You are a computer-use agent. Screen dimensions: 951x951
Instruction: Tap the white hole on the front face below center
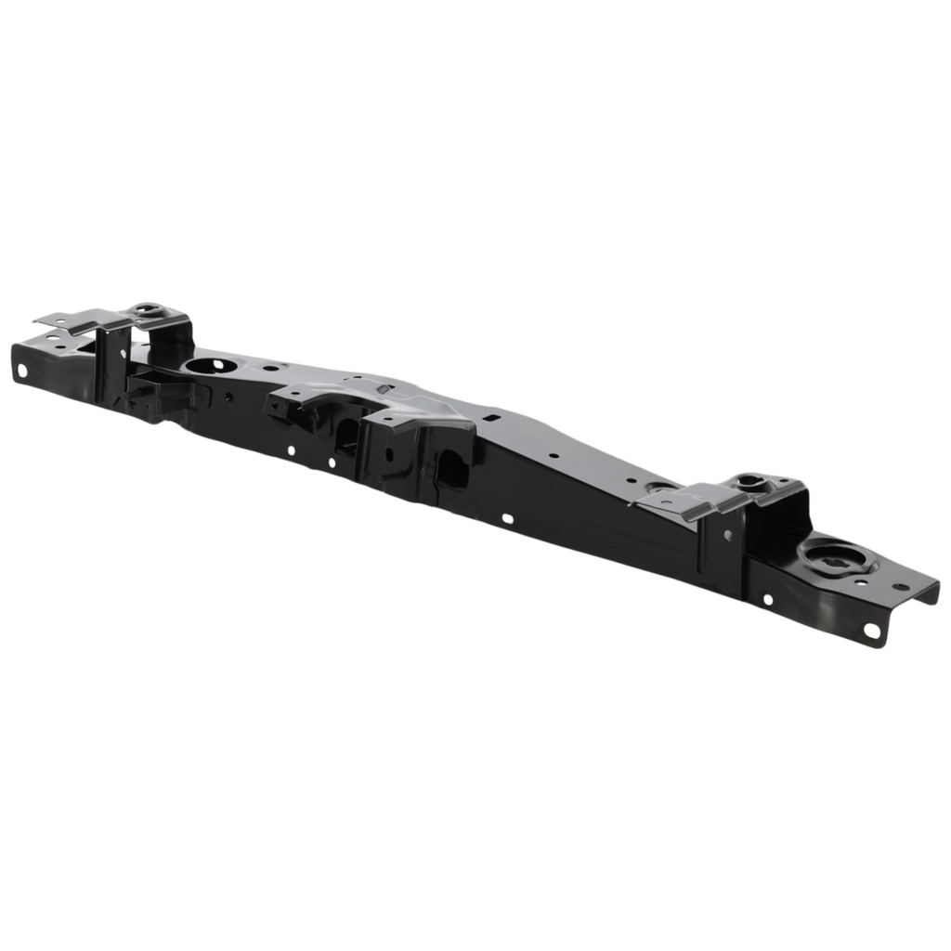tap(507, 517)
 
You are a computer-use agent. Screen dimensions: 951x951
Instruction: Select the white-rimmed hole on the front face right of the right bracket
tap(767, 599)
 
